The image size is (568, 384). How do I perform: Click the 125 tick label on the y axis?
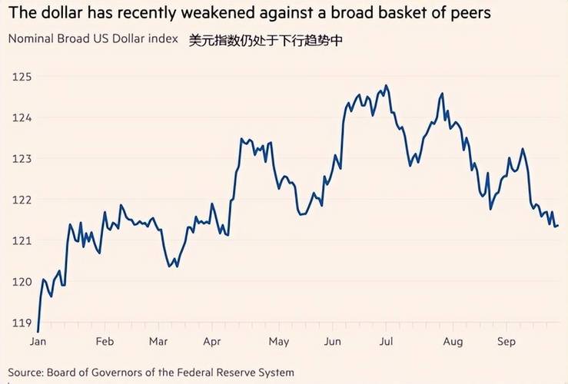pos(21,77)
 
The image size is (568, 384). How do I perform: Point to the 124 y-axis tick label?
pos(21,118)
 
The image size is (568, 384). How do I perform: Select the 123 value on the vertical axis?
pos(21,159)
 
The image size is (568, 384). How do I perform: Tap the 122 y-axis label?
pos(21,200)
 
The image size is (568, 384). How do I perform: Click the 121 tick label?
pos(21,240)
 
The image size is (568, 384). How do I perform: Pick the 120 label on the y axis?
pos(21,282)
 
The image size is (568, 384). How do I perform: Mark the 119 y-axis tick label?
pos(21,323)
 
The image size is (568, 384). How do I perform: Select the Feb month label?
pos(105,341)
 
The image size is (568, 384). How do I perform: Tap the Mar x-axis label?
pos(158,341)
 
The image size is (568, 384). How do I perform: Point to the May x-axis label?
pos(279,341)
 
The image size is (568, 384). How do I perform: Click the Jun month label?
pos(333,341)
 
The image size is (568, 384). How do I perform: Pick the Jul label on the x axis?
pos(387,341)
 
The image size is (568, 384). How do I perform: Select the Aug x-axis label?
pos(453,341)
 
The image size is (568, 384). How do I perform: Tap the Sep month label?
pos(507,341)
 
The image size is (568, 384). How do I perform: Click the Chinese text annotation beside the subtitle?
pos(265,40)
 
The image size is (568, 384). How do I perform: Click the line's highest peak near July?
pos(386,86)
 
